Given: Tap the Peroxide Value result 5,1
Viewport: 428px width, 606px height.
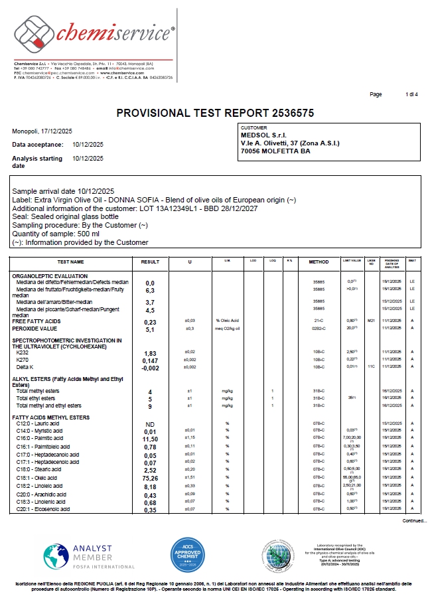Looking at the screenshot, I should coord(150,329).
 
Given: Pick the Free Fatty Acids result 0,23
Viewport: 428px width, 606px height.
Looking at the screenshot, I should coord(150,322).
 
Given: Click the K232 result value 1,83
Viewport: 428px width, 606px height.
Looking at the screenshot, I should coord(150,353).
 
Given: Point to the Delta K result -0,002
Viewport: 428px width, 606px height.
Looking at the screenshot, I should coord(150,368).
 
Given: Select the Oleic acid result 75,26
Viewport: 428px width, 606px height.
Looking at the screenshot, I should coord(150,478).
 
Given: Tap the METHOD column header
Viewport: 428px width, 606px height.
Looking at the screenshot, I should coord(319,262).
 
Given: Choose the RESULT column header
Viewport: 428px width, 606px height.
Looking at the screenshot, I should coord(150,262).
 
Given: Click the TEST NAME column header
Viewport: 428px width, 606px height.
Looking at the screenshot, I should coord(71,262).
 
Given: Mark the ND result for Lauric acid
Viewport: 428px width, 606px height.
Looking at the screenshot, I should coord(150,423).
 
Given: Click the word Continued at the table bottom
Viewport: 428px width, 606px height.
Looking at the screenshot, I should coord(415,521).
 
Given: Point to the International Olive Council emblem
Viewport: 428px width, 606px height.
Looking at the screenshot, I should coord(275,554).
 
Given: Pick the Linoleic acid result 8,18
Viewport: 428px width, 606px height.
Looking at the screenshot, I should coord(150,487).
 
